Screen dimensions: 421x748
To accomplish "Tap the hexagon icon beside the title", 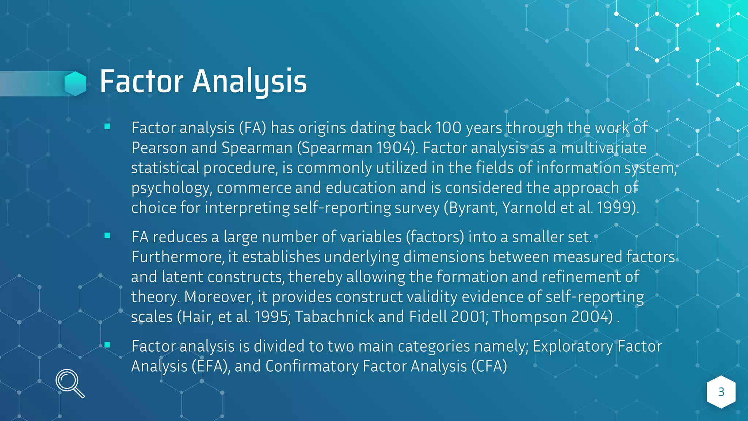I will click(75, 83).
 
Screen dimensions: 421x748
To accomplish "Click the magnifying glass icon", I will click(69, 383).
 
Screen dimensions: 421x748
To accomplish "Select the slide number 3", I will click(721, 392).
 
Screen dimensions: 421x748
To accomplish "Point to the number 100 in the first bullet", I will click(449, 128).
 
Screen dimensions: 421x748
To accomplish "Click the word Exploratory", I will click(573, 346).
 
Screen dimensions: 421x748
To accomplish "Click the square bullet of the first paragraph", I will click(107, 126).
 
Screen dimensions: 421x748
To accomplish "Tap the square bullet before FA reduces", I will click(107, 236).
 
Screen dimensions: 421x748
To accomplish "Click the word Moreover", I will click(218, 297).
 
